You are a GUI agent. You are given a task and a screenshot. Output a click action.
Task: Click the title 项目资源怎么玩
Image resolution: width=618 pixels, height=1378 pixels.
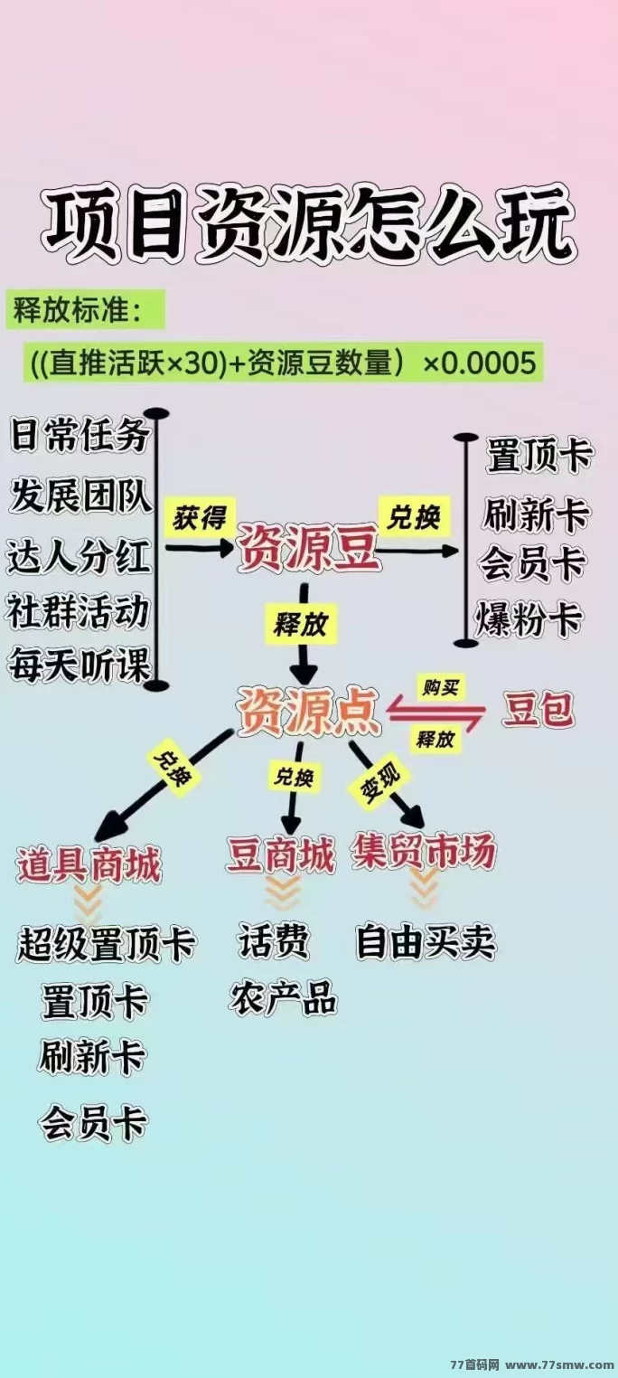(308, 223)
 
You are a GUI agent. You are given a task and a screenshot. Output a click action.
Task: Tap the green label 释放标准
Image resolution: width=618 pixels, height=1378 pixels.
(78, 311)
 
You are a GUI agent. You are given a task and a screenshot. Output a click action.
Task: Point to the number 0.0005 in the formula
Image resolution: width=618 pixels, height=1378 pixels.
(489, 363)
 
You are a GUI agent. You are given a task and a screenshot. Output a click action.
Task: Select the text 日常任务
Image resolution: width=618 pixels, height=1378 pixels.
(80, 435)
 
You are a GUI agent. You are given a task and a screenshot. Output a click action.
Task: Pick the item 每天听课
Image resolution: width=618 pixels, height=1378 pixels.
(80, 665)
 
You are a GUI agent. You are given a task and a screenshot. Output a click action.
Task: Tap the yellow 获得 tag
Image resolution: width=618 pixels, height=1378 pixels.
(200, 517)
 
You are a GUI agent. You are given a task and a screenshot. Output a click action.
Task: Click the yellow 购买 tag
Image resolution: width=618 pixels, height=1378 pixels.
(441, 687)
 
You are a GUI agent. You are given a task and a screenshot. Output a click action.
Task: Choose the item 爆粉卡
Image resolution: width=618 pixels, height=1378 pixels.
(529, 619)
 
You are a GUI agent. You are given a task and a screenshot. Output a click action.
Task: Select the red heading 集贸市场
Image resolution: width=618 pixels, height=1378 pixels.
(424, 852)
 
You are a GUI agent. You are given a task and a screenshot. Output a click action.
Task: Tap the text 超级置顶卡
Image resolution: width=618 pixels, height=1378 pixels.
(106, 945)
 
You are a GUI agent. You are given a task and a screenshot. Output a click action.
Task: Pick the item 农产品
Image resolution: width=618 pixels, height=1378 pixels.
(284, 997)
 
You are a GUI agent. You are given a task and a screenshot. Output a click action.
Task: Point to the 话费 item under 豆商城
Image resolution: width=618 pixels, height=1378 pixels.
(274, 940)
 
